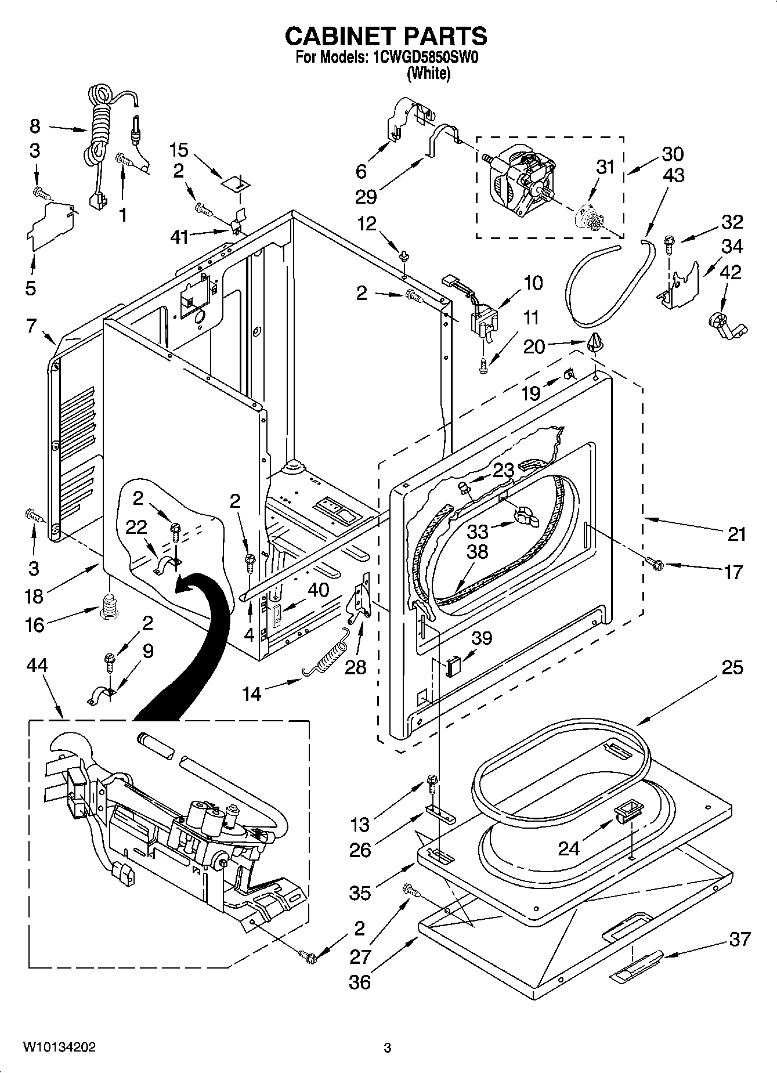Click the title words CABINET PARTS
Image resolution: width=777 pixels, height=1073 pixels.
pos(386,37)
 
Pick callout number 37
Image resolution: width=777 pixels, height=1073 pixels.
pos(740,939)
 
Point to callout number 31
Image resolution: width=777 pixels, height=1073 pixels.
pos(605,167)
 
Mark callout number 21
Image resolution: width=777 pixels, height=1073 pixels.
pos(736,534)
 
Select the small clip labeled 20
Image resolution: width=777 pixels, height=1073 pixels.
pos(597,343)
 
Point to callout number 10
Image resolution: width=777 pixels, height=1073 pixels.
pos(533,283)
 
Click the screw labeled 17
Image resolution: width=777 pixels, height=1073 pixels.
pos(655,562)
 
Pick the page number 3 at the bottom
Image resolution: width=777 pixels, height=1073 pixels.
pos(388,1048)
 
